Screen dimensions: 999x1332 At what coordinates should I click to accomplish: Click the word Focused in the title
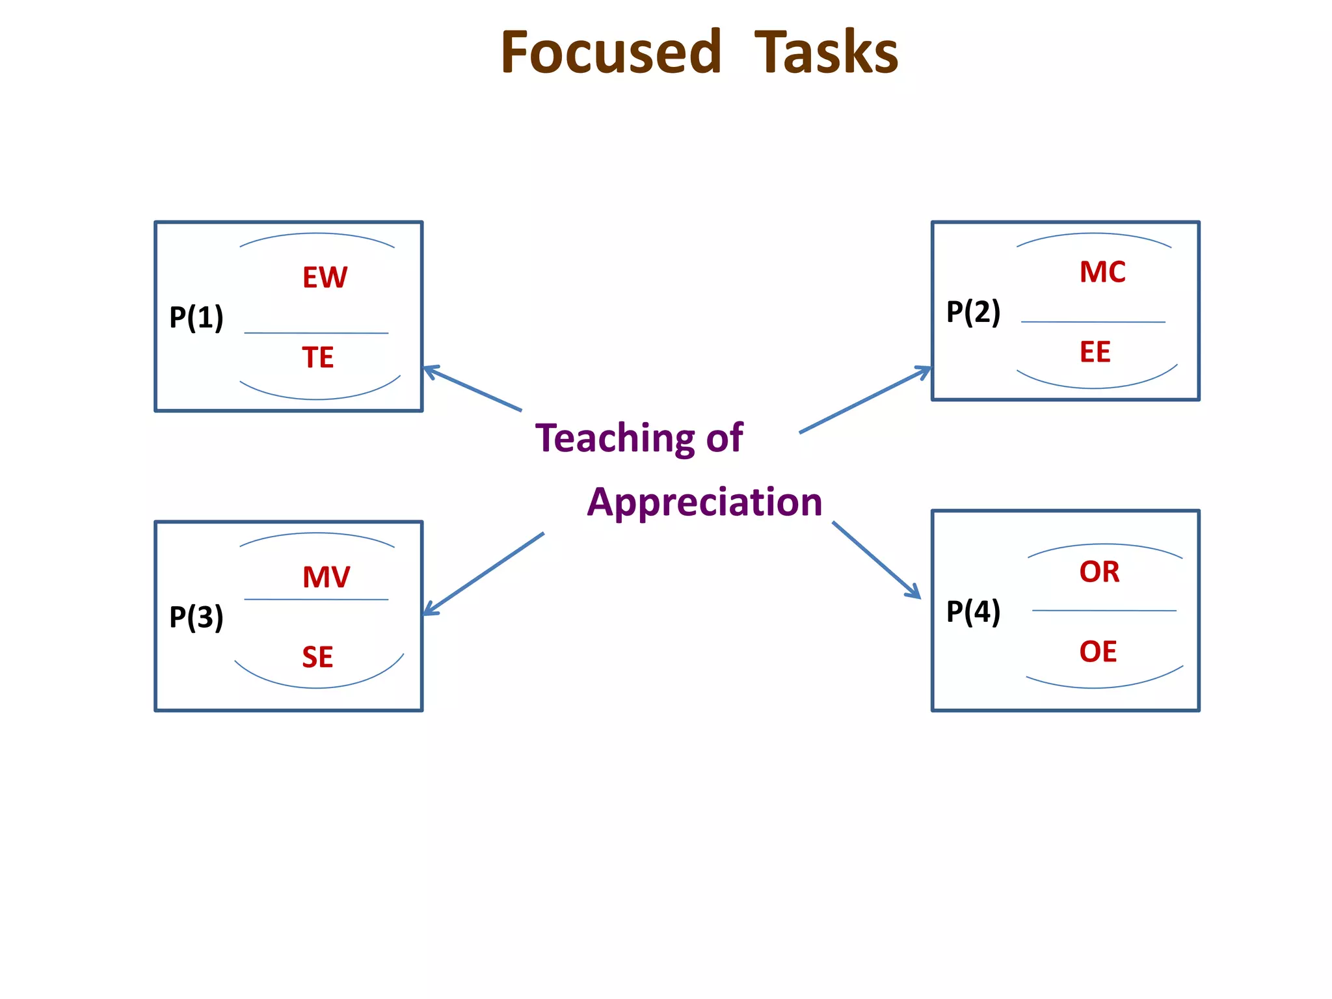click(611, 53)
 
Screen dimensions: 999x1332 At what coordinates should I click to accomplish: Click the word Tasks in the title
click(826, 53)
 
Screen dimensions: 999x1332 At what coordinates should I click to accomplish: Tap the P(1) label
click(196, 317)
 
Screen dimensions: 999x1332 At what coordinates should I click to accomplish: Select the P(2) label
click(973, 312)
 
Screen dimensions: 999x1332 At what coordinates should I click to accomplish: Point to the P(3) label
click(196, 617)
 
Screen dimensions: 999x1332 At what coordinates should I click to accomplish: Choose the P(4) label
click(973, 611)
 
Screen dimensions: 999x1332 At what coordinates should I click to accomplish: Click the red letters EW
click(325, 278)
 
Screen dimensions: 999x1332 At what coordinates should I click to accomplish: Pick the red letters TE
click(318, 358)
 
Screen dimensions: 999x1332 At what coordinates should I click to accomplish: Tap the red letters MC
click(1102, 272)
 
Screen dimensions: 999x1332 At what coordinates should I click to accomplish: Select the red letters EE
click(1095, 352)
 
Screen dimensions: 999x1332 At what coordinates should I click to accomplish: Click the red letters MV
click(326, 577)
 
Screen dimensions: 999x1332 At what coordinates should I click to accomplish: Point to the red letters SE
click(317, 657)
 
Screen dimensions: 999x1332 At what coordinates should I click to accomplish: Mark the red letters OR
click(1099, 572)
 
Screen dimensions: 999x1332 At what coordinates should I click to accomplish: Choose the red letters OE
click(1098, 652)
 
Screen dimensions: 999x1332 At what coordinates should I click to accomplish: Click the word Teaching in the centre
click(615, 438)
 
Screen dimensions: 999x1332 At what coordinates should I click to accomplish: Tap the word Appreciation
click(704, 502)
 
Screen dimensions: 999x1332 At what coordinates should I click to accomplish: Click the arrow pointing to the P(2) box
click(865, 400)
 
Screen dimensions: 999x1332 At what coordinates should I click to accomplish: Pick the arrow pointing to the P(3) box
click(484, 574)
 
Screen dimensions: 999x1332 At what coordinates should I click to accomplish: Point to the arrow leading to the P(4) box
click(876, 559)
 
